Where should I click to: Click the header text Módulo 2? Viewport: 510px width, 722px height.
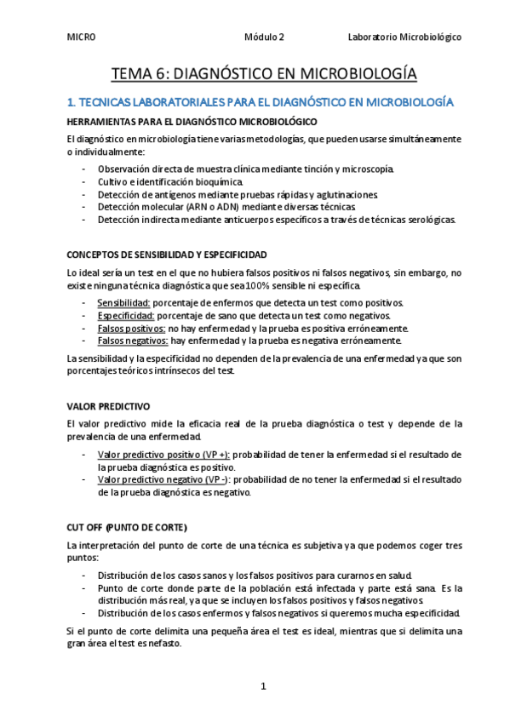coord(264,37)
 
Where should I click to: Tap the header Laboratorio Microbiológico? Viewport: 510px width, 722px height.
coord(404,37)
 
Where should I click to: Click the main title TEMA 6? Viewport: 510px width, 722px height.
coord(264,74)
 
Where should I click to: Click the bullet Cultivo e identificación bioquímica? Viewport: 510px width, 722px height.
coord(170,181)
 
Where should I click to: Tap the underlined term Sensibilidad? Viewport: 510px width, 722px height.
coord(124,303)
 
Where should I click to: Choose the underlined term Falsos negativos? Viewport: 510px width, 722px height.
coord(133,341)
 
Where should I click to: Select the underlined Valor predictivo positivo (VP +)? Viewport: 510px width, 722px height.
coord(163,455)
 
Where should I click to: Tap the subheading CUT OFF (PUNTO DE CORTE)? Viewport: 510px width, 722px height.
coord(126,526)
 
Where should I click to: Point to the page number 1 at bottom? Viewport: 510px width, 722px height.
coord(264,685)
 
